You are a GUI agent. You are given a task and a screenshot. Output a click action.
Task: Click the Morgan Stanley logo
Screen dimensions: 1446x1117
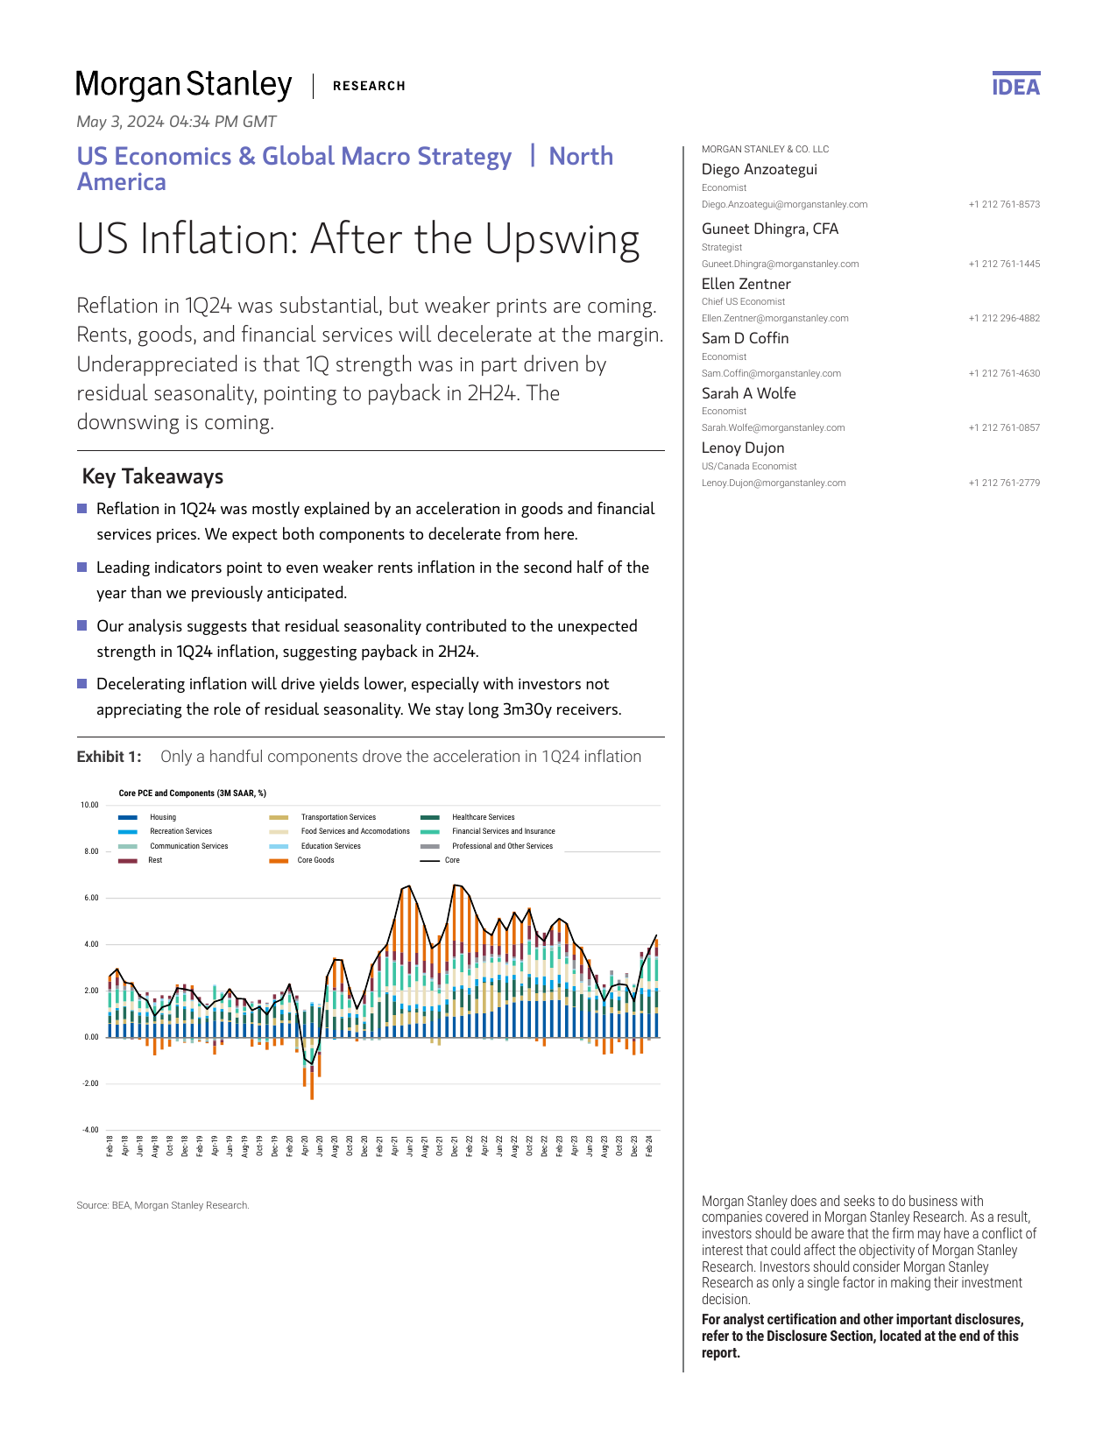pyautogui.click(x=184, y=85)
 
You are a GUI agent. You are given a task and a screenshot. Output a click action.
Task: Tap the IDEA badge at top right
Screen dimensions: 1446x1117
pyautogui.click(x=1015, y=86)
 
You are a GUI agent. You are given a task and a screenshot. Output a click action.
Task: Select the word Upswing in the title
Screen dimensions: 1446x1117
pyautogui.click(x=562, y=239)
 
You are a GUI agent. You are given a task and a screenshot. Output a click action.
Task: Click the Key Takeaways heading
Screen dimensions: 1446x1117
pyautogui.click(x=152, y=476)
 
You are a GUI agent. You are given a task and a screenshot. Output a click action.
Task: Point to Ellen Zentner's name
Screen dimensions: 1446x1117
pyautogui.click(x=746, y=284)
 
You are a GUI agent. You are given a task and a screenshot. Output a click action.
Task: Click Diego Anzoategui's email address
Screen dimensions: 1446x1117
pyautogui.click(x=784, y=204)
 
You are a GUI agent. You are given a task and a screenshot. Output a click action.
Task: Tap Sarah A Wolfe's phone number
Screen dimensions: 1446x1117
pyautogui.click(x=1004, y=427)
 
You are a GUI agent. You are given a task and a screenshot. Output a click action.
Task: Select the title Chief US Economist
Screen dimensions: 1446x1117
pyautogui.click(x=743, y=301)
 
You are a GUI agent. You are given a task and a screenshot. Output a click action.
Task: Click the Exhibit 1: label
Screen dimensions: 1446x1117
pyautogui.click(x=109, y=757)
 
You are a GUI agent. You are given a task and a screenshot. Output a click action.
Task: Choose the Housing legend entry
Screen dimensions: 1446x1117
pyautogui.click(x=163, y=817)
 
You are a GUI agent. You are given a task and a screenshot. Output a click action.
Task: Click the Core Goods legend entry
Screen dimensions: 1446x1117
pyautogui.click(x=315, y=860)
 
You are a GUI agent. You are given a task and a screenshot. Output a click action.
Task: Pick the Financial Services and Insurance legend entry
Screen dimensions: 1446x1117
pyautogui.click(x=503, y=831)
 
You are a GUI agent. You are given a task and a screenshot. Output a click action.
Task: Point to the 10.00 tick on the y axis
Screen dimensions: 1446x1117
pyautogui.click(x=89, y=805)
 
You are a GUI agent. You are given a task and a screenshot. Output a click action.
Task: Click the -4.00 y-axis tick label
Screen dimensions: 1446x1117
pyautogui.click(x=89, y=1130)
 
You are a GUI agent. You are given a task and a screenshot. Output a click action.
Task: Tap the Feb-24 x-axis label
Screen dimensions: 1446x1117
pyautogui.click(x=649, y=1146)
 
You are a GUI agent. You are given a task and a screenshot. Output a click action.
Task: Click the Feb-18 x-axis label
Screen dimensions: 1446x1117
pyautogui.click(x=110, y=1146)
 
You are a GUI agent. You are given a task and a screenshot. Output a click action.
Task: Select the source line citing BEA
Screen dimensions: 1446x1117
pyautogui.click(x=163, y=1205)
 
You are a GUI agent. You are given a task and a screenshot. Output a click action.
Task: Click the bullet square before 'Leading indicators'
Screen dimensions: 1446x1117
pyautogui.click(x=82, y=567)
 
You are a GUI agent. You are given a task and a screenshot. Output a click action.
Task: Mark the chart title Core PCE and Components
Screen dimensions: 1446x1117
pyautogui.click(x=192, y=794)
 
